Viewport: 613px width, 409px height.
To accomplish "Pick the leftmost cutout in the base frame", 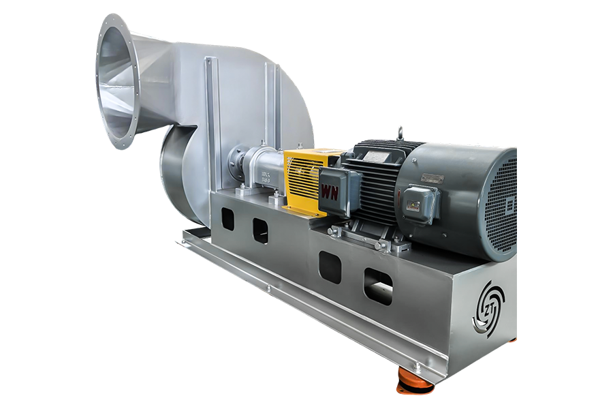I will pos(227,219).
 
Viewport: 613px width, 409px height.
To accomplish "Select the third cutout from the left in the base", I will pos(330,267).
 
